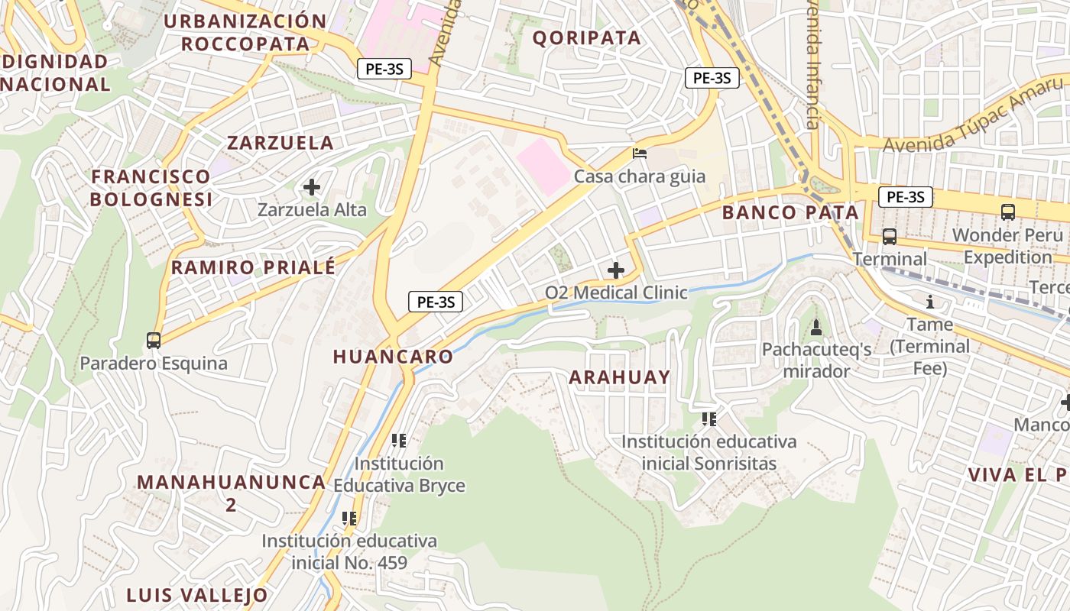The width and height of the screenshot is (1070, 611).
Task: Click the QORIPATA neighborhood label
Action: (x=586, y=38)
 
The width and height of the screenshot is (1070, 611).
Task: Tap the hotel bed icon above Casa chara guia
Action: (x=640, y=154)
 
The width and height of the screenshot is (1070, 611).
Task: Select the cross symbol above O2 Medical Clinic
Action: (x=616, y=270)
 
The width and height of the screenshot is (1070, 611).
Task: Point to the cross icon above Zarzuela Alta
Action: (x=312, y=187)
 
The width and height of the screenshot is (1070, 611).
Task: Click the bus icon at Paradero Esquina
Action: (x=154, y=341)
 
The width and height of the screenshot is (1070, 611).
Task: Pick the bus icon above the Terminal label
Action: (x=890, y=237)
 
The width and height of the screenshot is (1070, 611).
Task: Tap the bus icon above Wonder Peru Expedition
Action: (x=1008, y=212)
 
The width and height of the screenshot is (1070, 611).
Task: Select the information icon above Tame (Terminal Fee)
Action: (x=930, y=302)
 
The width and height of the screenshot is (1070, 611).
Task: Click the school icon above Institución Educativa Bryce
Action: (x=398, y=441)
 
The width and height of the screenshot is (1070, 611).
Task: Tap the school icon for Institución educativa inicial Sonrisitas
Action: (x=709, y=419)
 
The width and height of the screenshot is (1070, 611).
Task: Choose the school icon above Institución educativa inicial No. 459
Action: (x=349, y=519)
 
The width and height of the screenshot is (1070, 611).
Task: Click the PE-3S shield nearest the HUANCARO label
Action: (x=436, y=302)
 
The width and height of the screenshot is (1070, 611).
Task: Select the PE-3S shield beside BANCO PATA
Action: (x=906, y=197)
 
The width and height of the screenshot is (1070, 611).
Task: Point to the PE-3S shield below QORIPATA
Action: (x=712, y=78)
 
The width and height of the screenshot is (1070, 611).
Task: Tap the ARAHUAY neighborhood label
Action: (x=619, y=377)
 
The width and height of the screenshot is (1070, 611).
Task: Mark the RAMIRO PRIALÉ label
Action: (x=253, y=268)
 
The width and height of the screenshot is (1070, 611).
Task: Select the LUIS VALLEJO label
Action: (x=197, y=595)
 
